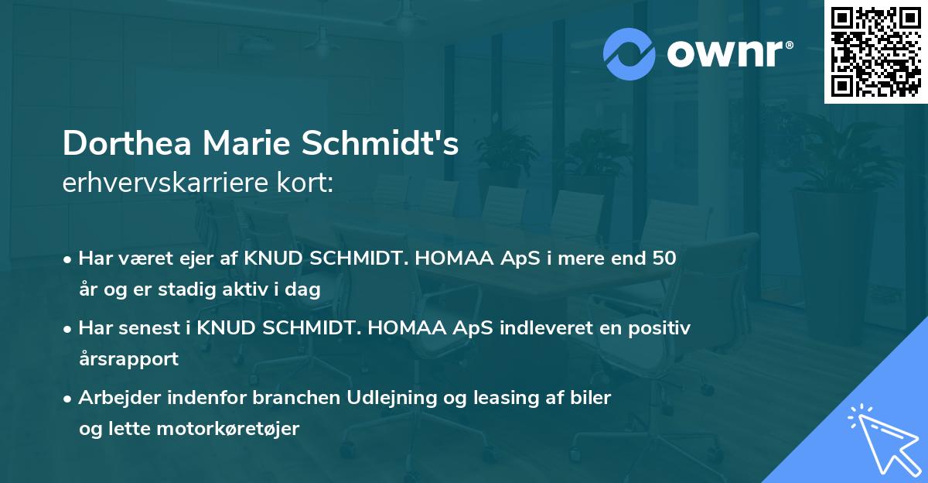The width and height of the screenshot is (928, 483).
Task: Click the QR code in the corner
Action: (875, 51)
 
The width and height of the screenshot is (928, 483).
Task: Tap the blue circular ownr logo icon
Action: (629, 53)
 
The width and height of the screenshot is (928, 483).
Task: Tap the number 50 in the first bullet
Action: (664, 259)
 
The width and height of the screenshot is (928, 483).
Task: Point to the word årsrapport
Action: (128, 358)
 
